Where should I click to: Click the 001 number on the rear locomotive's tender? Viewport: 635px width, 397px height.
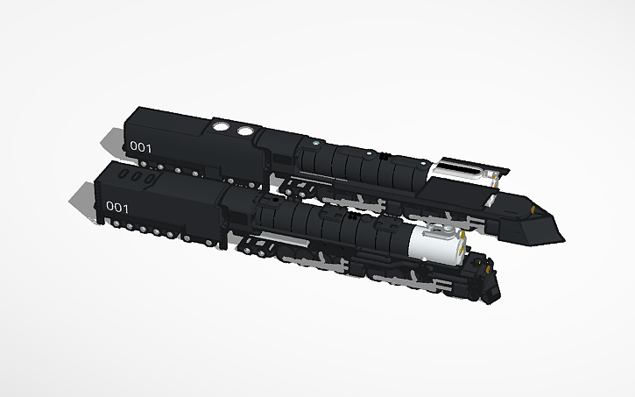click(x=140, y=146)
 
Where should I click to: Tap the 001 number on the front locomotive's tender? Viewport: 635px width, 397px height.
click(x=117, y=207)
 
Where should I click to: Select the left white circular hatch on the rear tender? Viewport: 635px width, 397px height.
click(x=221, y=126)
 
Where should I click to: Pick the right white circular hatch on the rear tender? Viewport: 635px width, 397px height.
click(x=245, y=131)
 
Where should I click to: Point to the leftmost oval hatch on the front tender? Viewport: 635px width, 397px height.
click(x=123, y=174)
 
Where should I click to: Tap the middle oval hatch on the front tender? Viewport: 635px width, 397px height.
click(x=137, y=176)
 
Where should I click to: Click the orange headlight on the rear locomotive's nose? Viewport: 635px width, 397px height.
click(x=533, y=209)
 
